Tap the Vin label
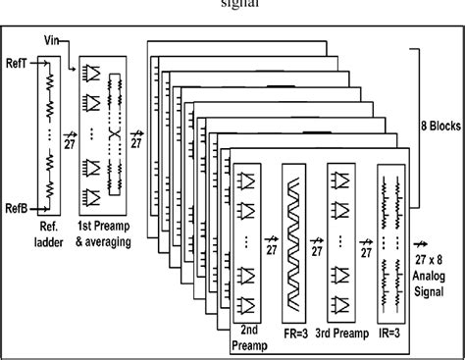click(53, 40)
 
